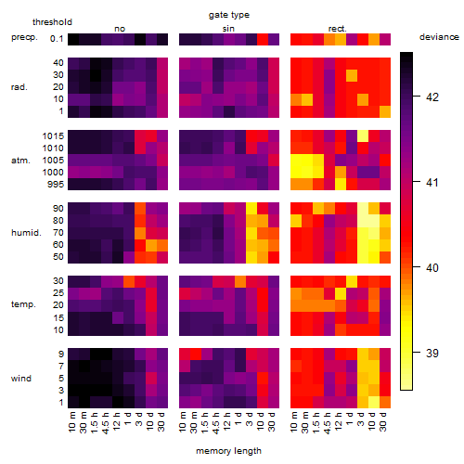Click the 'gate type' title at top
229,16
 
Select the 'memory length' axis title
228,451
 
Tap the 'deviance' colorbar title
439,37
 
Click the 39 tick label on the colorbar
432,353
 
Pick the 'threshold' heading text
52,22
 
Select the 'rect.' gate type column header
338,29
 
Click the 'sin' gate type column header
228,29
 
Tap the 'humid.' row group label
26,233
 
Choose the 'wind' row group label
21,379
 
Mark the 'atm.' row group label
20,161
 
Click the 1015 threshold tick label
53,135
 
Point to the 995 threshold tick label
56,185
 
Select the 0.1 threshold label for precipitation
57,39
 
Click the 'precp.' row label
24,37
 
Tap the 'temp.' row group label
23,304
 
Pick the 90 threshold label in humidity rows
58,209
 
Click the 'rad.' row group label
19,87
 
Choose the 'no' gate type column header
120,29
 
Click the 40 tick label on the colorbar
432,267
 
